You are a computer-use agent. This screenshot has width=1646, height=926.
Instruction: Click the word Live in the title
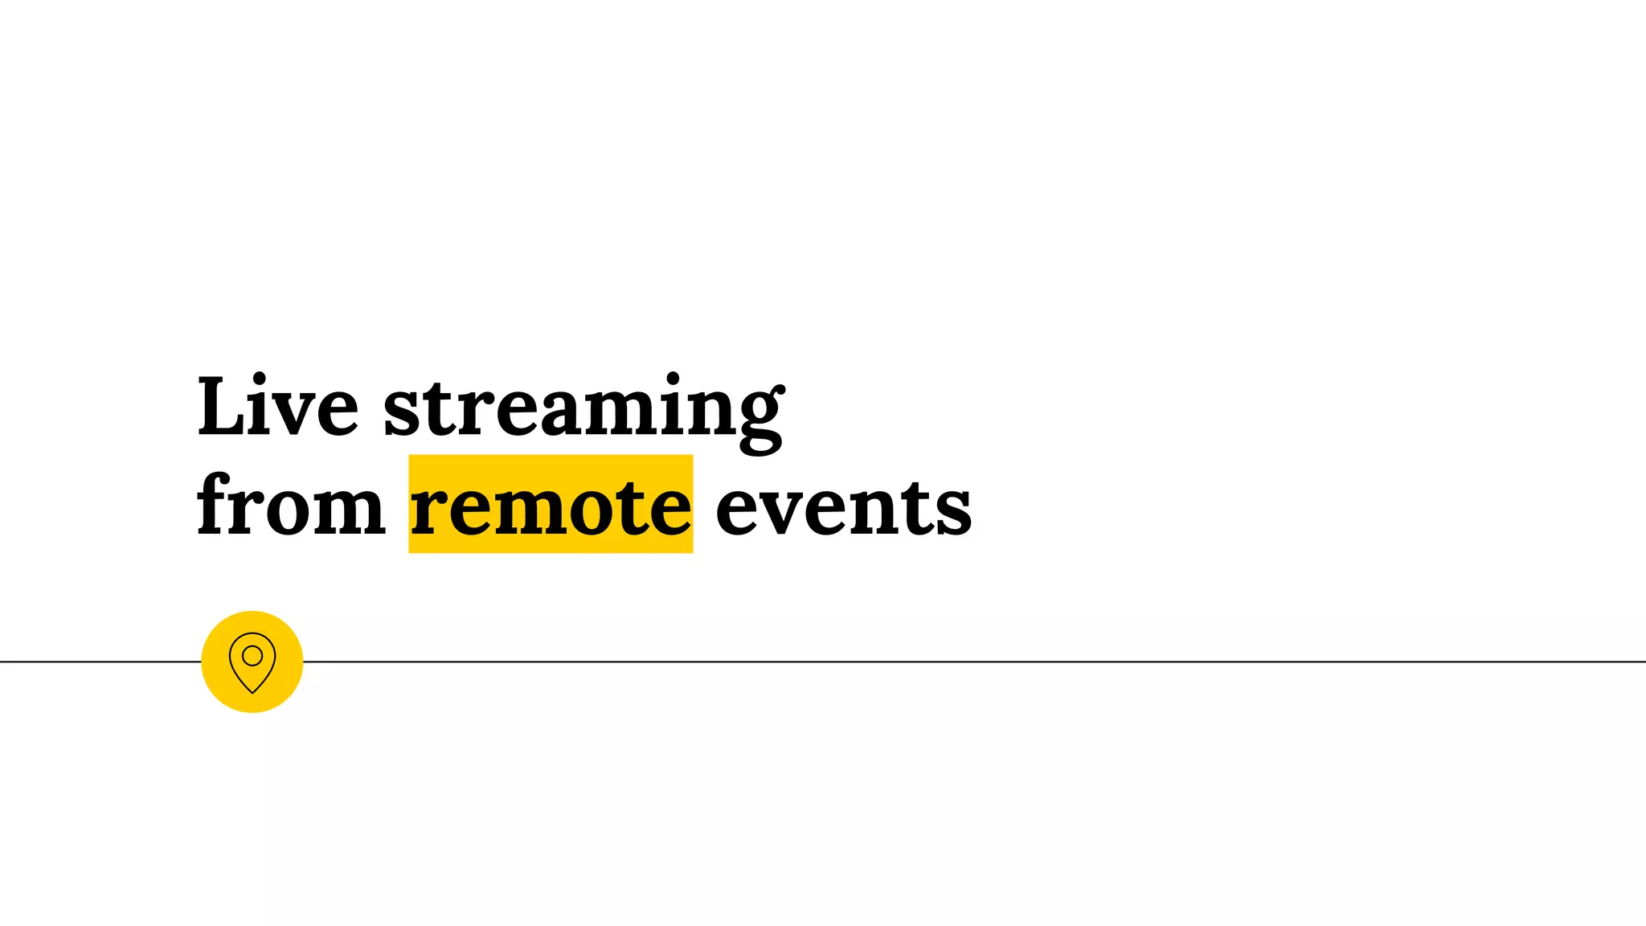tap(277, 407)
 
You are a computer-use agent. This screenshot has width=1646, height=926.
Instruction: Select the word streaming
tap(583, 408)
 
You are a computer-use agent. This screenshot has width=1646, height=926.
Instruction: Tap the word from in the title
tap(291, 506)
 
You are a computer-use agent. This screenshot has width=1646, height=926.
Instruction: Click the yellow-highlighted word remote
tap(551, 506)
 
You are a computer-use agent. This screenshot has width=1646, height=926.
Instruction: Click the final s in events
tap(954, 513)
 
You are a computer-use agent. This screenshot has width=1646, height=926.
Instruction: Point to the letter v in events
tap(789, 511)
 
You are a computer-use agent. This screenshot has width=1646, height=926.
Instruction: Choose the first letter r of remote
tap(428, 511)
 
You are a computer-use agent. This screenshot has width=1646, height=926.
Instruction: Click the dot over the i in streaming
tap(672, 379)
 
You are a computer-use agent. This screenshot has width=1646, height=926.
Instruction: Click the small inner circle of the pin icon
tap(252, 656)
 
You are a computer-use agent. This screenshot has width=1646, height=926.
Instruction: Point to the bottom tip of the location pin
tap(252, 691)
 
